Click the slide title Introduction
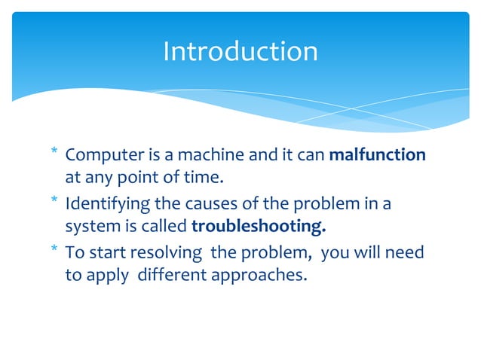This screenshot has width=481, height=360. (x=240, y=51)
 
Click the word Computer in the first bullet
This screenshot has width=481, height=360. (x=100, y=155)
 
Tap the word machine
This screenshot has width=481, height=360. (x=188, y=155)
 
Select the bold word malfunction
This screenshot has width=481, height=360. (x=378, y=155)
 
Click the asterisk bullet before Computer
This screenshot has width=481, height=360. (x=54, y=154)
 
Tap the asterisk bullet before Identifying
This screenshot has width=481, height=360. (x=54, y=203)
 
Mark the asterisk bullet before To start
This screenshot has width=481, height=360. (x=54, y=250)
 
